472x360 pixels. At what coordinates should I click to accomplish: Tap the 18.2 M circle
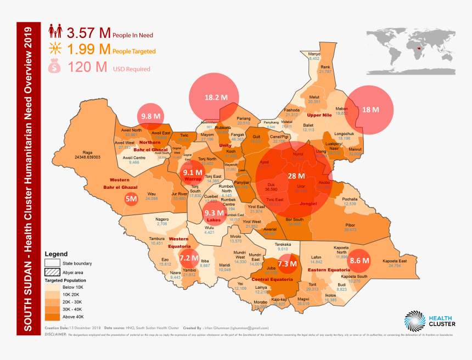[212, 98]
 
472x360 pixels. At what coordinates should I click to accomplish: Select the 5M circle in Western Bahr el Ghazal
[131, 199]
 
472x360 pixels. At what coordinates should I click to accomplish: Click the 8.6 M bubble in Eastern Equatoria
[358, 260]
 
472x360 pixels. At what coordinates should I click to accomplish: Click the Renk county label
[325, 66]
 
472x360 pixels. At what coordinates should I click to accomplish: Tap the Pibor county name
[350, 225]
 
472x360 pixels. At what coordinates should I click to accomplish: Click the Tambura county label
[157, 239]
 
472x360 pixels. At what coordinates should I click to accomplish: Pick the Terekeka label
[286, 244]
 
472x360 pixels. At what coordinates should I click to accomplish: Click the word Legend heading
[56, 255]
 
